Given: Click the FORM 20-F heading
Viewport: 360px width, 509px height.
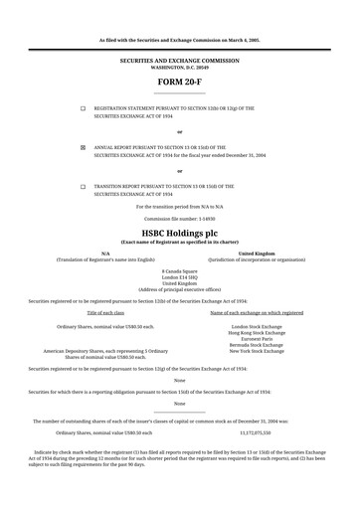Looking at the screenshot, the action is (x=179, y=82).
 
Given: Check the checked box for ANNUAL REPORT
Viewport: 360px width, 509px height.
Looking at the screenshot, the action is (x=83, y=146).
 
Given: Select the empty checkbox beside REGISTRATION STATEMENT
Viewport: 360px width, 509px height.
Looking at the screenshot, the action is (x=83, y=107).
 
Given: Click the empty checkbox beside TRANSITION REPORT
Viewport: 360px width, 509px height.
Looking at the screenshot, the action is (x=83, y=186).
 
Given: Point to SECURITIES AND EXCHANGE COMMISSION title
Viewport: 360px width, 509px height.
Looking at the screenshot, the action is (x=179, y=60).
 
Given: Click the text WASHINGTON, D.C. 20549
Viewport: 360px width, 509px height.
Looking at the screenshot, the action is (x=179, y=67).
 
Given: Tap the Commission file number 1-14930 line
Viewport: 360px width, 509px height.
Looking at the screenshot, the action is (x=179, y=217).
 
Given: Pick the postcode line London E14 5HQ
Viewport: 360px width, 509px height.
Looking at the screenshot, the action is (x=179, y=276).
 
